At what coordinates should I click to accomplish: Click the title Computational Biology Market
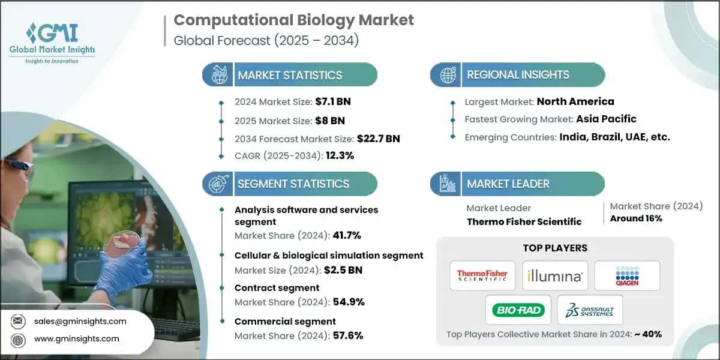click(x=293, y=20)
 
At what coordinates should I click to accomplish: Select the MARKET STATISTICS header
click(x=290, y=75)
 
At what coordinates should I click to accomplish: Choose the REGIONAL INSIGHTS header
click(x=518, y=75)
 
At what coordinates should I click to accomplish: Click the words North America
click(x=575, y=101)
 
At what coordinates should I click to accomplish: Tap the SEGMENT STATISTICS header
click(x=293, y=184)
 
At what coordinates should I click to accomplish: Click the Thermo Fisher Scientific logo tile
click(x=482, y=275)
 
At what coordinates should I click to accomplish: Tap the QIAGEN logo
click(x=627, y=275)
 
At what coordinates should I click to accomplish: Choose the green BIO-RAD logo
click(x=518, y=310)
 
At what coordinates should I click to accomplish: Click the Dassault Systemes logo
click(x=590, y=310)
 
